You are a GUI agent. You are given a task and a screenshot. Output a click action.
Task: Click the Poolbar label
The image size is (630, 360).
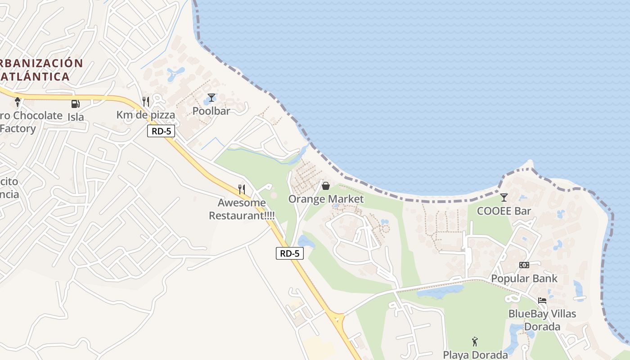point(211,111)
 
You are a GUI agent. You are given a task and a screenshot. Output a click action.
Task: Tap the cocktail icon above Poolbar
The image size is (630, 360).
point(211,98)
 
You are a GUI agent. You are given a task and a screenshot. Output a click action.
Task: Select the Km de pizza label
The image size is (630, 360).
point(145,115)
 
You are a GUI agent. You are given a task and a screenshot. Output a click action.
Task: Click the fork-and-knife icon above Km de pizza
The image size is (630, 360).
point(145,102)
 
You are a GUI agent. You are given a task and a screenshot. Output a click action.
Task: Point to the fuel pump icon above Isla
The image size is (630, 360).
point(75,104)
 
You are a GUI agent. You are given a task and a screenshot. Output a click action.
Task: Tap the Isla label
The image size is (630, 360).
point(76,117)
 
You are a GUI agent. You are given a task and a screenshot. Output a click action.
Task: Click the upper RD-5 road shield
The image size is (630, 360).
point(161,131)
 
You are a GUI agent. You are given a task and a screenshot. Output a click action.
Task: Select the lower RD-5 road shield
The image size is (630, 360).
point(289,253)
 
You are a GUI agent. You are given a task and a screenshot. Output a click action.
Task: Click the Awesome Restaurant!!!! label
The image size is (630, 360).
point(242,209)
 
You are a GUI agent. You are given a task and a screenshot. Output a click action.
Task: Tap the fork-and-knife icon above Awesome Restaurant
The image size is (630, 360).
point(242,189)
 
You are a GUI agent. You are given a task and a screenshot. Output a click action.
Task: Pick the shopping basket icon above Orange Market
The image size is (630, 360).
point(326,186)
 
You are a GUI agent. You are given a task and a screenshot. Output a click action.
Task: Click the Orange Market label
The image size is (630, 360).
point(326,199)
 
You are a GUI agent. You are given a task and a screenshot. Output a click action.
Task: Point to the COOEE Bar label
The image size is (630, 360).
point(504,211)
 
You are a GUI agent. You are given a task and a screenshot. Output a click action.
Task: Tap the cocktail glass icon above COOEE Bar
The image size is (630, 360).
point(504,198)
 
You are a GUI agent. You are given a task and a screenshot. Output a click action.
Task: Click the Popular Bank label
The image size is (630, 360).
point(524,278)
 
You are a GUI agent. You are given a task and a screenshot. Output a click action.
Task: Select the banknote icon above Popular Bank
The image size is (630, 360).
point(524,265)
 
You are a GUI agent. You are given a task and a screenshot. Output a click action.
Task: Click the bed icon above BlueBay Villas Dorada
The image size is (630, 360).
point(542,301)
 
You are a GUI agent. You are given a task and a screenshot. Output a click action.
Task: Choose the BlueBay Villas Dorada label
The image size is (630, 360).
point(542,319)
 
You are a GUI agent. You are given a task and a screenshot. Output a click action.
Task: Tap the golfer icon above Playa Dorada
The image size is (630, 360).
point(475,342)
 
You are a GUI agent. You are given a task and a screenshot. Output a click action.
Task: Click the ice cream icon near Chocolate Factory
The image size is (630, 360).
point(18,102)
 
